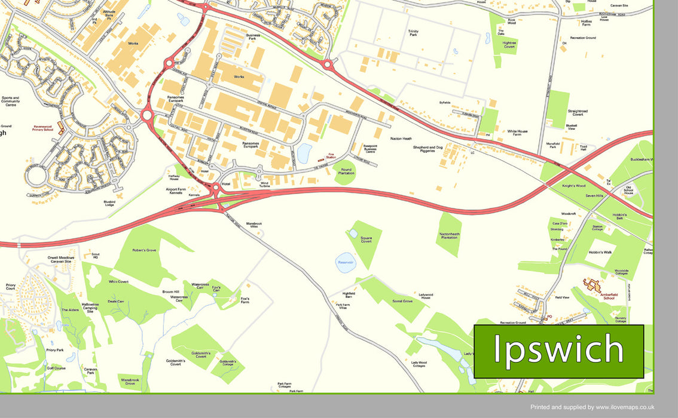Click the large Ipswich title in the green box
558,351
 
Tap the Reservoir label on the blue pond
346,262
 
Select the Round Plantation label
346,172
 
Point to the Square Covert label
366,239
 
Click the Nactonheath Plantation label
449,236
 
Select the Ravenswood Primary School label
43,128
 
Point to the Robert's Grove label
144,250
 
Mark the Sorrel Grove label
402,302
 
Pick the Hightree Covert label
509,45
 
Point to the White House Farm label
518,133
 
